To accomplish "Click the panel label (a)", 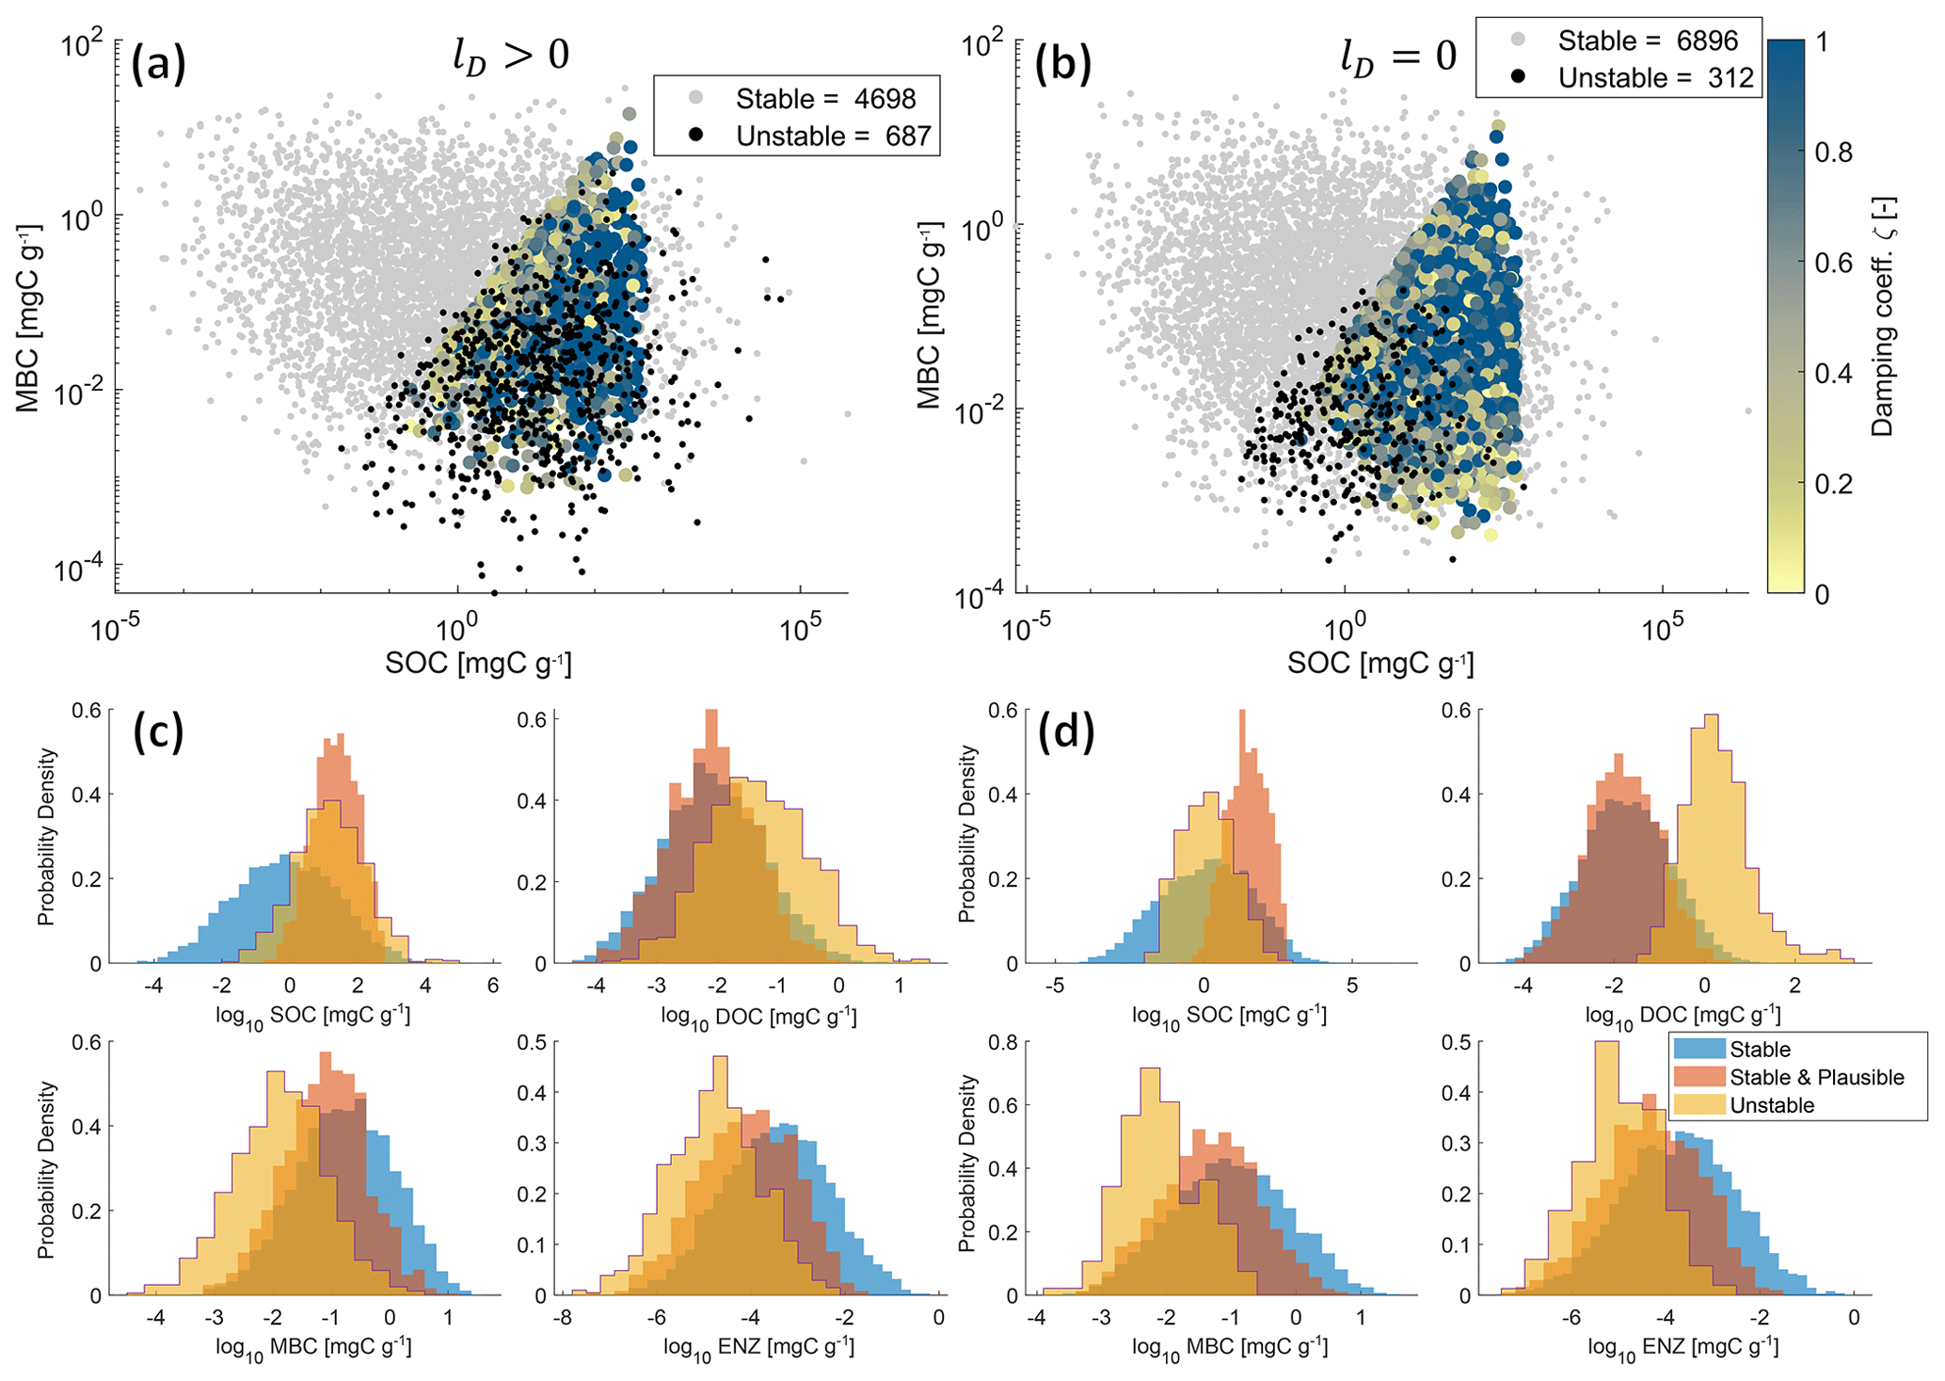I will (x=158, y=65).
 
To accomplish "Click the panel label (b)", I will (x=1062, y=65).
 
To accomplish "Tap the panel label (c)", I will (x=158, y=731).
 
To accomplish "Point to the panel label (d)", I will (x=1067, y=731).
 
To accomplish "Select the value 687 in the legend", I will (x=907, y=136).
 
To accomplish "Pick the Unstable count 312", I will (x=1730, y=78).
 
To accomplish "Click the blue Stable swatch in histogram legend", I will (x=1698, y=1049).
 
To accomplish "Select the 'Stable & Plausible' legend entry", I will (x=1816, y=1077).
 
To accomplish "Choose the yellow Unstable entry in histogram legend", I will (x=1772, y=1105).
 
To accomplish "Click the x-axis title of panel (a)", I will (x=478, y=663).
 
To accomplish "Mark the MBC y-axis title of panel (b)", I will (x=930, y=315).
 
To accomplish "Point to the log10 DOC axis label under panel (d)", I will (x=1682, y=1016).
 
